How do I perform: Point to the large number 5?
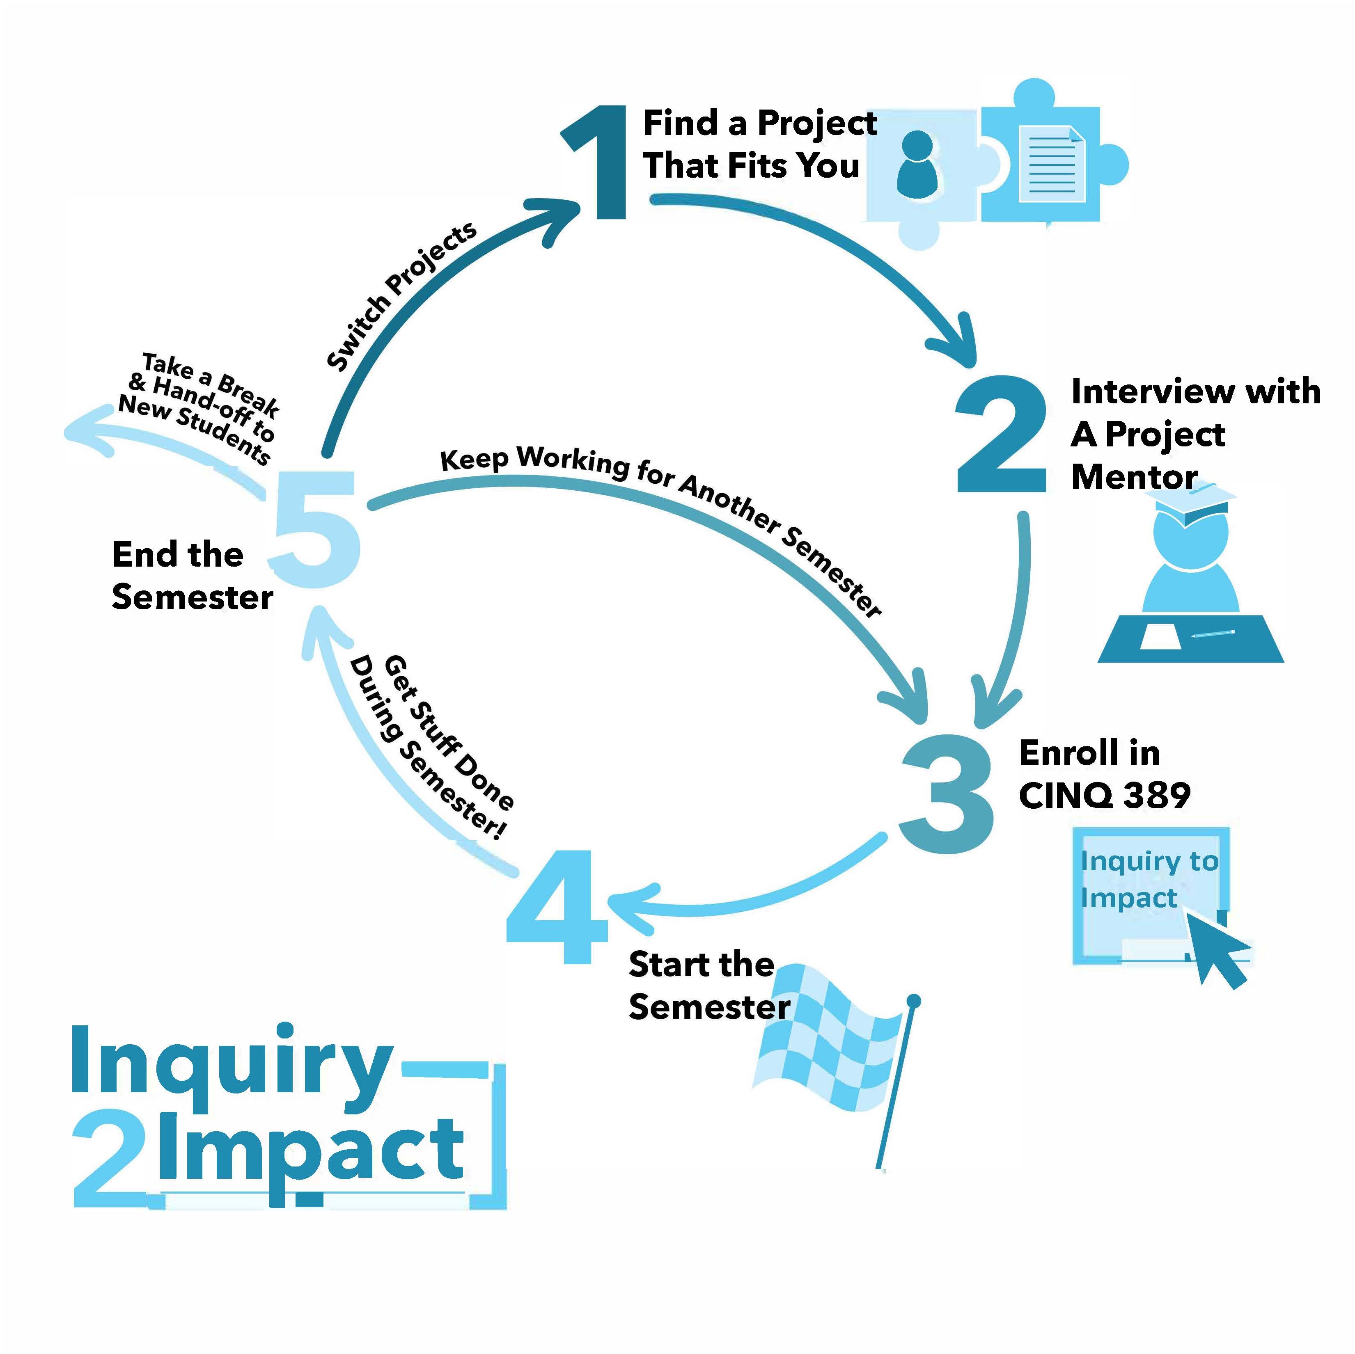317,529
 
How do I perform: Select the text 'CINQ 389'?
1105,796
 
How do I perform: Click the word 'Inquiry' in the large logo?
232,1066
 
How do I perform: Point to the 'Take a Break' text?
211,384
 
